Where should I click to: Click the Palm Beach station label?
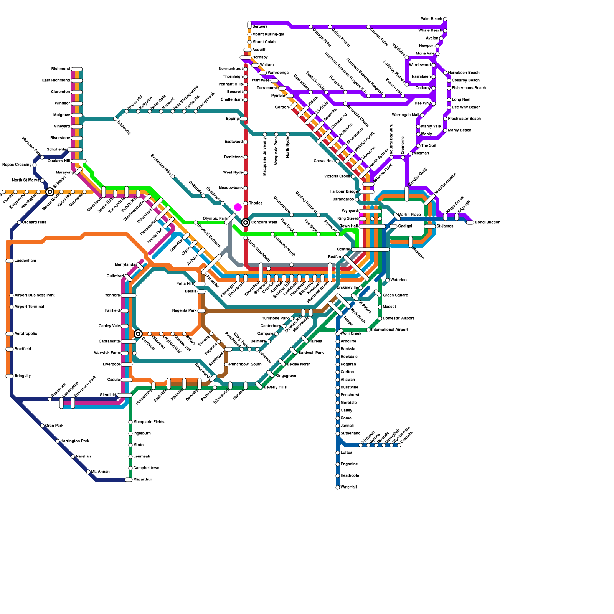click(x=431, y=19)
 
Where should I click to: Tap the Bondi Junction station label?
click(x=487, y=223)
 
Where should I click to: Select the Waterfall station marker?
click(x=338, y=487)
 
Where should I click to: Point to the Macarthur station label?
click(x=142, y=480)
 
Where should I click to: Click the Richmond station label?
click(x=61, y=69)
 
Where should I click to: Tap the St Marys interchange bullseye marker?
click(x=50, y=192)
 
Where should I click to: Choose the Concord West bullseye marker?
click(x=246, y=223)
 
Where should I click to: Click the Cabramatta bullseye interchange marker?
click(x=138, y=334)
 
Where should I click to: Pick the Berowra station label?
click(x=260, y=27)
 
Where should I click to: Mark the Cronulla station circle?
click(x=399, y=445)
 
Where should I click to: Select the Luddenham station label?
click(x=25, y=261)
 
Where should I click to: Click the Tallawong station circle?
click(x=115, y=119)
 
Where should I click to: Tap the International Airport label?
click(x=390, y=330)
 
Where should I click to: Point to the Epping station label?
click(x=232, y=119)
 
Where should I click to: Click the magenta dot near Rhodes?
click(x=238, y=208)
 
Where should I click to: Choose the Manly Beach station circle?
click(x=445, y=130)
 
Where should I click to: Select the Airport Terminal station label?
click(x=29, y=307)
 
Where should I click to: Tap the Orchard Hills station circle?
click(x=19, y=223)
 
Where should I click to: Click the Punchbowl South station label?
click(x=245, y=365)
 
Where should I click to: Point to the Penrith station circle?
click(x=4, y=192)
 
